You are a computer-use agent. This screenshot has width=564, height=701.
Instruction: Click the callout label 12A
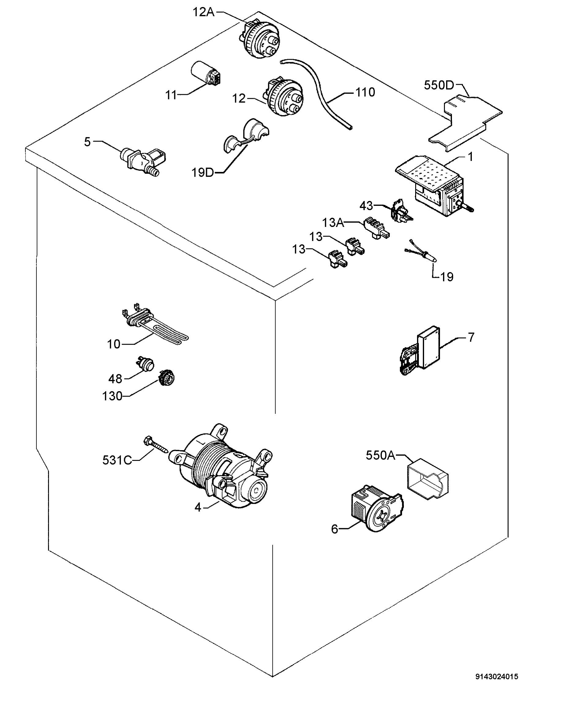click(203, 12)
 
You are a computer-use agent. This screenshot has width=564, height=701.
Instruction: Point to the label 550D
click(439, 85)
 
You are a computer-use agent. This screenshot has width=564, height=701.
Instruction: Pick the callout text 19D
click(202, 172)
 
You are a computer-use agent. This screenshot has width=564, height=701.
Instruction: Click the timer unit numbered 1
click(433, 185)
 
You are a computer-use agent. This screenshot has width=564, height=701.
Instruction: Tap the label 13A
click(333, 223)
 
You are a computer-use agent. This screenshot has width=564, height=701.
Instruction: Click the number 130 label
click(112, 396)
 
